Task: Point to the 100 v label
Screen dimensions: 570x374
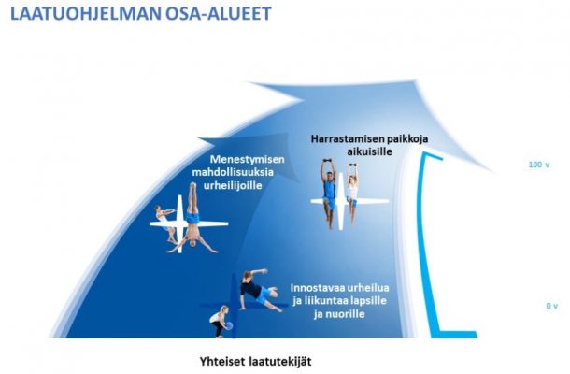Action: pyautogui.click(x=539, y=165)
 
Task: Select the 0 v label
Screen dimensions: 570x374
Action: pyautogui.click(x=552, y=306)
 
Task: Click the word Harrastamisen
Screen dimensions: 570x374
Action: pyautogui.click(x=342, y=139)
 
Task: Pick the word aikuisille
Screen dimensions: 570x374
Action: pyautogui.click(x=370, y=151)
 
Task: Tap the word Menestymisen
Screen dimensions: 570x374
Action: pyautogui.click(x=248, y=159)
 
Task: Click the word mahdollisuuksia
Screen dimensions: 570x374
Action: pyautogui.click(x=233, y=172)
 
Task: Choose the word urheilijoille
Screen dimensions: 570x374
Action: pyautogui.click(x=233, y=185)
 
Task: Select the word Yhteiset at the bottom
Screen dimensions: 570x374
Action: pyautogui.click(x=222, y=362)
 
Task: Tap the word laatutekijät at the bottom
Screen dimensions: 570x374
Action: pyautogui.click(x=280, y=362)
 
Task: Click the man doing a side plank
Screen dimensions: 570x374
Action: pyautogui.click(x=260, y=290)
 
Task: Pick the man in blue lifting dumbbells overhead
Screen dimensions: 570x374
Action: pyautogui.click(x=329, y=194)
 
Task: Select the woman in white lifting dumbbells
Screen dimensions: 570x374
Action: pyautogui.click(x=352, y=193)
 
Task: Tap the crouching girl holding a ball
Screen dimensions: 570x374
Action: pyautogui.click(x=221, y=322)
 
